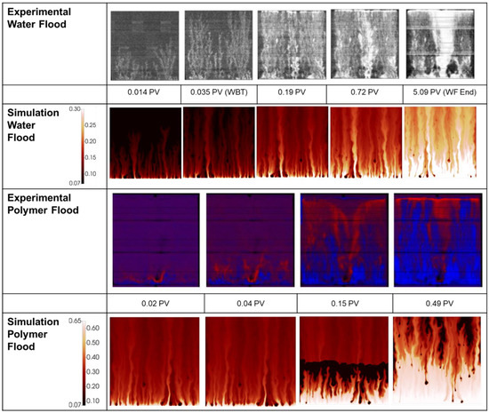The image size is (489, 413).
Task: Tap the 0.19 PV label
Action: [x=292, y=93]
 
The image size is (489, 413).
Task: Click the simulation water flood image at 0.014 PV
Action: [x=144, y=142]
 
